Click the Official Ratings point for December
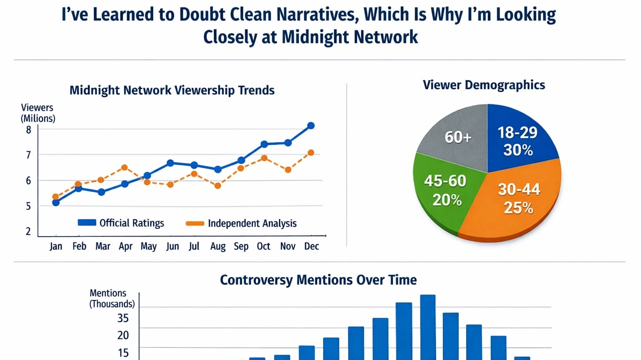pos(311,126)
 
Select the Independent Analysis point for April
pos(124,168)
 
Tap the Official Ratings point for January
pos(56,203)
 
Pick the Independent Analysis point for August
pos(217,186)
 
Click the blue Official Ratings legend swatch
pos(87,223)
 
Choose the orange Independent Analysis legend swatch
pos(195,223)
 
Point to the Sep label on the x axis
pos(241,246)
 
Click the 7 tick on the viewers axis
pos(28,155)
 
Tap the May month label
pos(149,246)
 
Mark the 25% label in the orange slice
pos(518,208)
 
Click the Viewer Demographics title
pos(484,85)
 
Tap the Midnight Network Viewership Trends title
pos(172,91)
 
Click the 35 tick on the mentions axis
pos(123,318)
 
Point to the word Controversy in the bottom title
pos(256,280)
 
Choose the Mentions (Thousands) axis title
pos(111,298)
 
